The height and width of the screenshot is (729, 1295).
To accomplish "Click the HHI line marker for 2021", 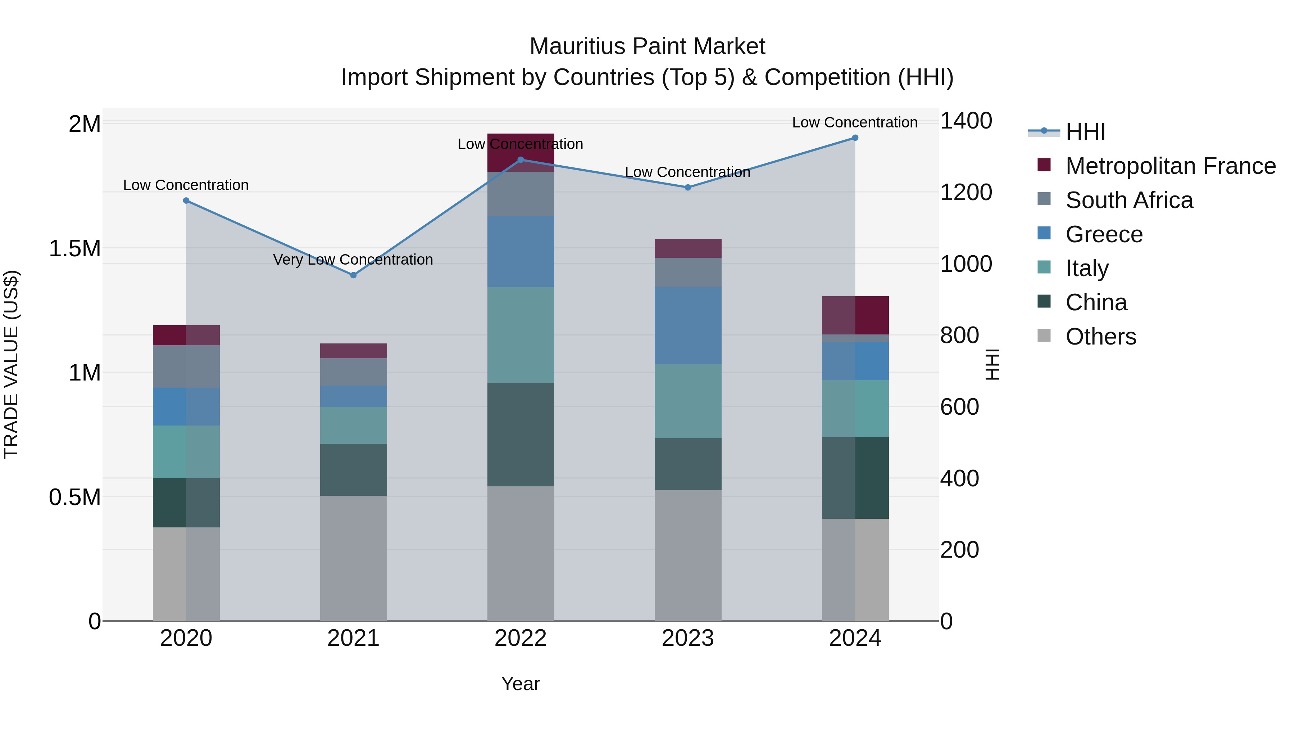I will tap(353, 275).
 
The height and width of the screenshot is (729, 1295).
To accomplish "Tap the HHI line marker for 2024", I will tap(855, 138).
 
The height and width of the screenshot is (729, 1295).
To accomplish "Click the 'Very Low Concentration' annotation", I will tap(353, 260).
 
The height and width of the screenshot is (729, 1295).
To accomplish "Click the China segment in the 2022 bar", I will tap(521, 434).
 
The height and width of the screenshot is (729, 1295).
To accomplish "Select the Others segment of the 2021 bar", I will tap(353, 558).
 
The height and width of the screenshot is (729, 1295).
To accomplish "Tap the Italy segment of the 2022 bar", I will tap(521, 335).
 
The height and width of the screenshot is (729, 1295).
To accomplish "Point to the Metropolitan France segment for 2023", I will tap(688, 248).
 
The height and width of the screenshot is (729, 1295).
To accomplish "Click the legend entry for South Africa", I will tap(1128, 200).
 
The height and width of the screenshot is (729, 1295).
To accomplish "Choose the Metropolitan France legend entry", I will tap(1170, 166).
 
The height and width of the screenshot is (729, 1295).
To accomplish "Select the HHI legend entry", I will tap(1085, 132).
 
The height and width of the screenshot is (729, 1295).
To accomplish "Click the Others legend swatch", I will tap(1044, 336).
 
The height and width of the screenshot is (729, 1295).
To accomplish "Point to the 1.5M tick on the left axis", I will tap(75, 248).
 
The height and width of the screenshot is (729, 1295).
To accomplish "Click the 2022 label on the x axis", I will tap(521, 638).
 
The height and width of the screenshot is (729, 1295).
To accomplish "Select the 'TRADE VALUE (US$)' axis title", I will tap(11, 365).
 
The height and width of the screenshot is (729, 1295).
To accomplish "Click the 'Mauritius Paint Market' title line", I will tap(647, 46).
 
